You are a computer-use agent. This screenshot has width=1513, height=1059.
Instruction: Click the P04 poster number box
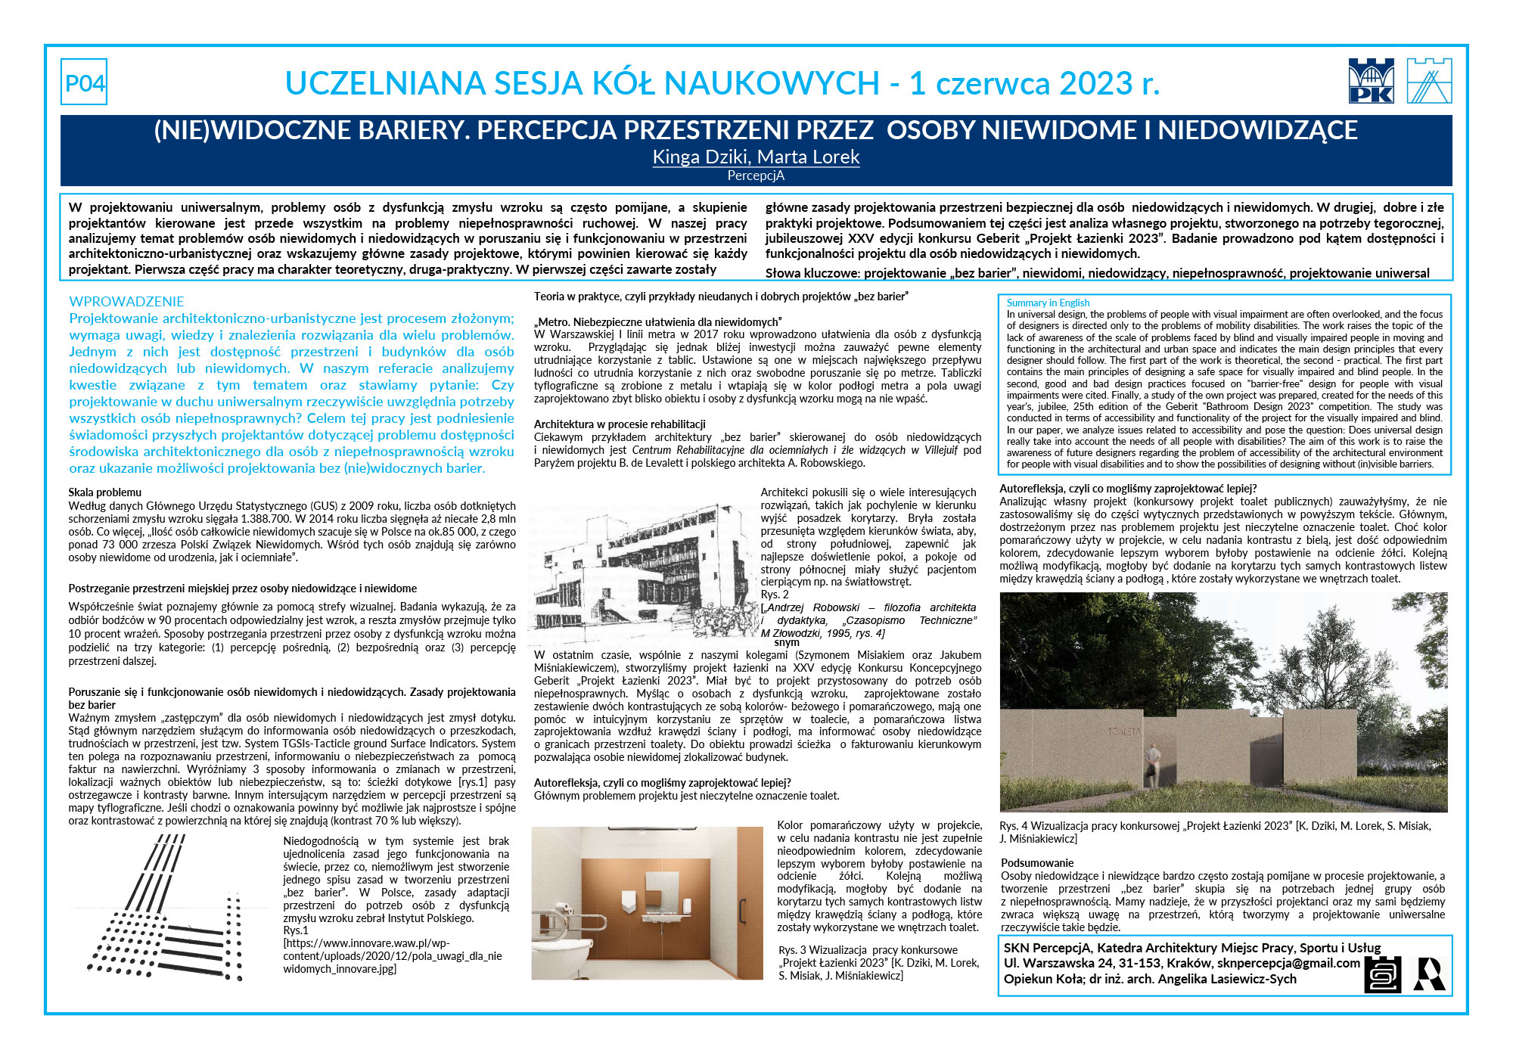84,82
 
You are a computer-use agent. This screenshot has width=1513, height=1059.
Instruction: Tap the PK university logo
1371,81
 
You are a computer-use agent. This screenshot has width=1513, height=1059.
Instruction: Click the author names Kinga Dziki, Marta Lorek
756,157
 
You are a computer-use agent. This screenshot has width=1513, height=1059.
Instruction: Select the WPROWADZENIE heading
126,301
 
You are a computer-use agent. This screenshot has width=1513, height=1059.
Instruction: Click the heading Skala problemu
104,492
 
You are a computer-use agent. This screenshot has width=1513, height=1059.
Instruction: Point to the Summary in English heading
1048,303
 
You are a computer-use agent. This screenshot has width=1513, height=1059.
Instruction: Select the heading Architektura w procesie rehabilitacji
620,424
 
